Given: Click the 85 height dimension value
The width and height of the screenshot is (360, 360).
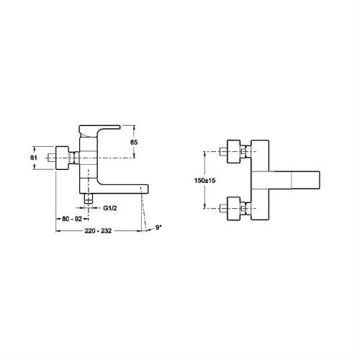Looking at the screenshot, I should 134,142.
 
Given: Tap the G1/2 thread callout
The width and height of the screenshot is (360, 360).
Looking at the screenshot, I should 110,207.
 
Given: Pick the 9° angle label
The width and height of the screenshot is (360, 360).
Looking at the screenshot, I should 158,229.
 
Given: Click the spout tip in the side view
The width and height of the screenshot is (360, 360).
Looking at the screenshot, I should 144,189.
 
